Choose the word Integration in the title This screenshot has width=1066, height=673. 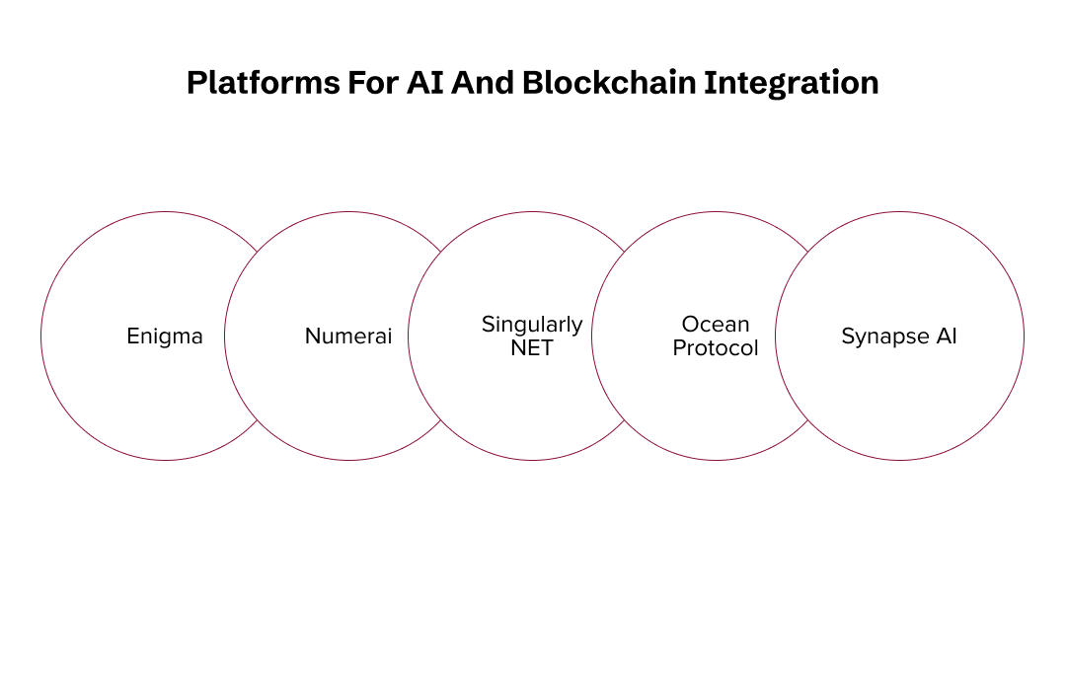click(791, 83)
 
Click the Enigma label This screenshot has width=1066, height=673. click(165, 336)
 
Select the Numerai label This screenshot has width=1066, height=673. click(348, 336)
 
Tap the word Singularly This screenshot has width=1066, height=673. click(532, 325)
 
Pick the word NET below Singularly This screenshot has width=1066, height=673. click(532, 347)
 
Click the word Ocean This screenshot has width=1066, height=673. click(716, 325)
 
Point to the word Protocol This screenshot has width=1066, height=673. click(716, 347)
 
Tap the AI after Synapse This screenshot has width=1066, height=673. click(947, 336)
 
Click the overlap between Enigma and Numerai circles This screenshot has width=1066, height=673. click(257, 336)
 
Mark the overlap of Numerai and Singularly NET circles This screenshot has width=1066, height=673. click(440, 336)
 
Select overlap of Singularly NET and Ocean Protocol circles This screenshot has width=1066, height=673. click(624, 336)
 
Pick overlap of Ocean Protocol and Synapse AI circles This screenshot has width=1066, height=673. click(807, 336)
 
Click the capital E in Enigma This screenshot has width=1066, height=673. click(133, 336)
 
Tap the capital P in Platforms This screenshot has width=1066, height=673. click(195, 83)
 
